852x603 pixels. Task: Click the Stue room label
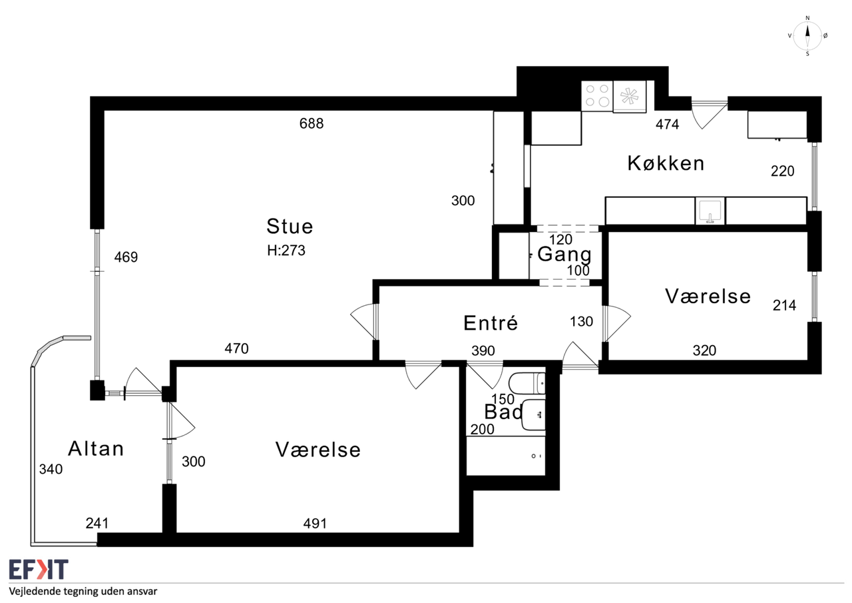290,227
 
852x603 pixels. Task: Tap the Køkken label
666,163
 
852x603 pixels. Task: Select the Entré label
491,322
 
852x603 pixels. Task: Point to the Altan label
96,448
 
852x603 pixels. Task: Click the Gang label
564,255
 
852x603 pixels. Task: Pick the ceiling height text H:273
286,250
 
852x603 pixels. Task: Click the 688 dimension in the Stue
312,123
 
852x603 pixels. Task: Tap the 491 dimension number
315,524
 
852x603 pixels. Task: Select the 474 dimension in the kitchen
667,124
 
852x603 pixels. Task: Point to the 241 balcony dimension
97,524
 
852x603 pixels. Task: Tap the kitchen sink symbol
710,211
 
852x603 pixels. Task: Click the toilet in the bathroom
527,383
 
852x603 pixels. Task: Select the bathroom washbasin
534,414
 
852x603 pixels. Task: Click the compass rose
807,36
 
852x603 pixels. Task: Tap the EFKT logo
39,570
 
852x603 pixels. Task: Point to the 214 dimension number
784,305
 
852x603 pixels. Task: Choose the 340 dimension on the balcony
51,469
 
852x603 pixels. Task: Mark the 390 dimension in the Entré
483,350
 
